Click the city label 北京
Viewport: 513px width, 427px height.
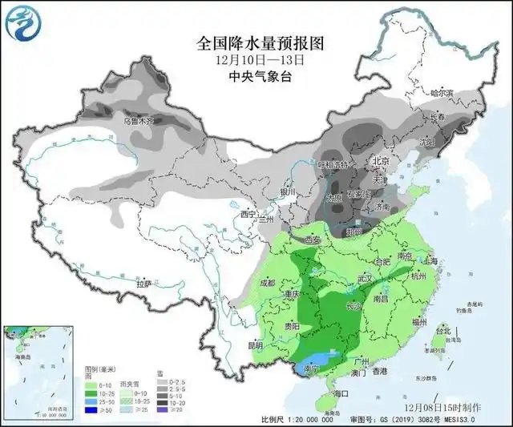(381, 161)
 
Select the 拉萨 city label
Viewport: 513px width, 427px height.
(144, 284)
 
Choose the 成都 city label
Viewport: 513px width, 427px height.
(268, 283)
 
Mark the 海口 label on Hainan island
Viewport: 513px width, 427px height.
(340, 393)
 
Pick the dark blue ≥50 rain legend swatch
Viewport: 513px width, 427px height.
(91, 409)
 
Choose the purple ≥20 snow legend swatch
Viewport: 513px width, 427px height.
(162, 409)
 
